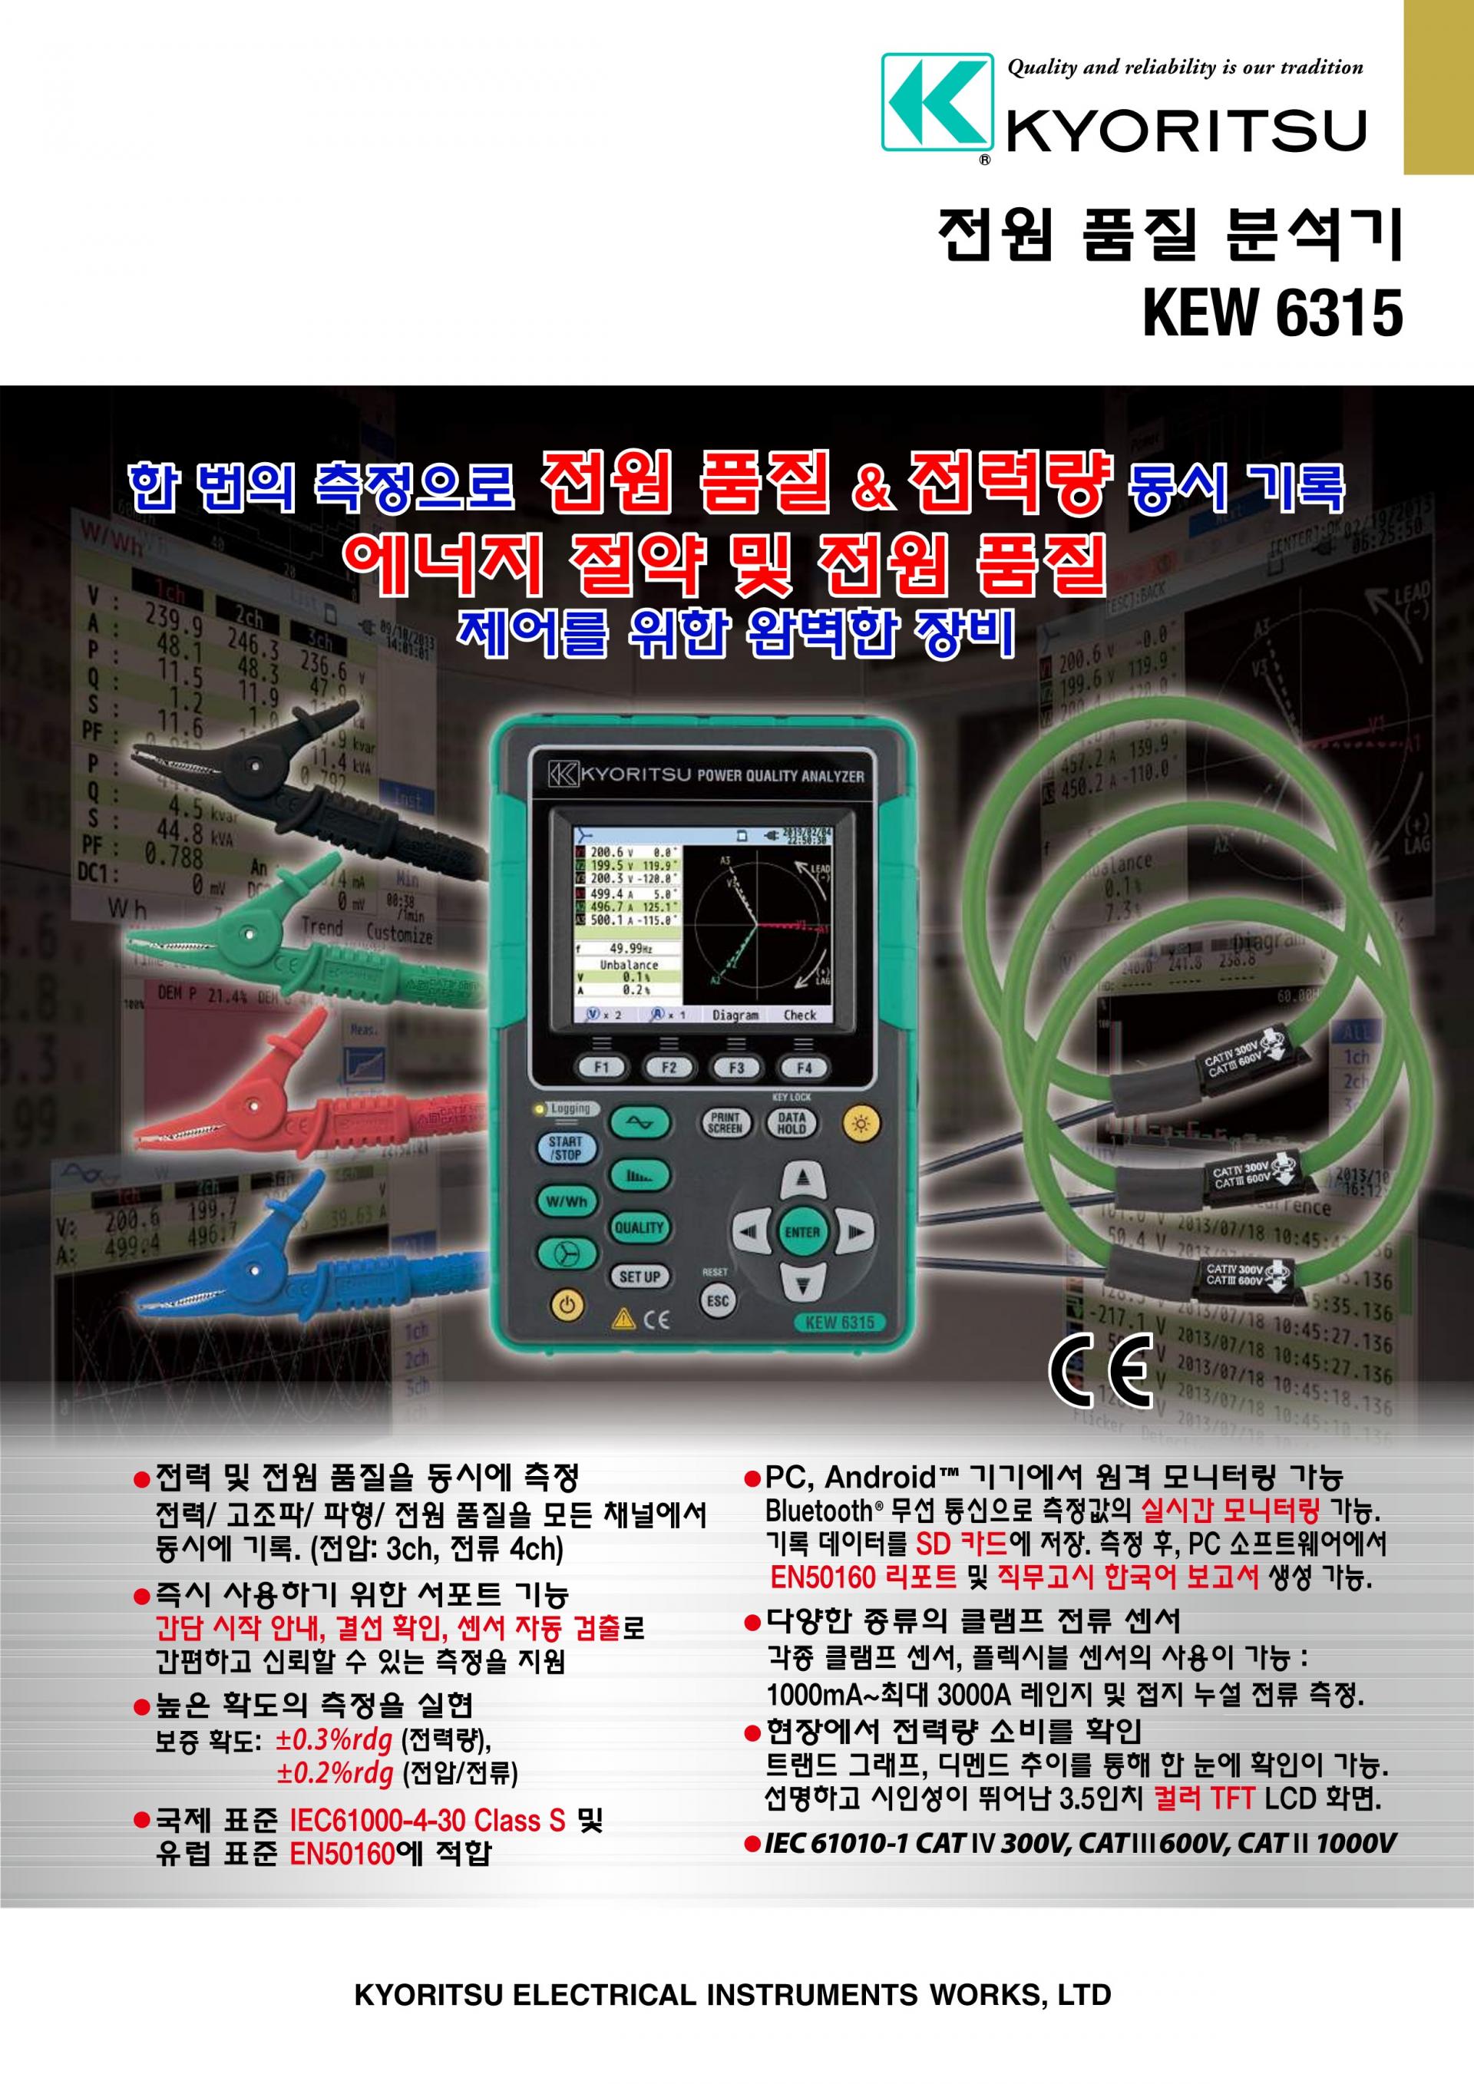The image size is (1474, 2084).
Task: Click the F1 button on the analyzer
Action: (x=602, y=1068)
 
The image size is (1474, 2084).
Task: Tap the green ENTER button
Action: (x=802, y=1232)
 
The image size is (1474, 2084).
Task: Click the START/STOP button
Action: (x=566, y=1148)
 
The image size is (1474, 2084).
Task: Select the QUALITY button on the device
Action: (x=639, y=1227)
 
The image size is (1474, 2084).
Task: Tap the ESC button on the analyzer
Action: (x=717, y=1301)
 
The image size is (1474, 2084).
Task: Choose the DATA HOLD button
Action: (x=792, y=1123)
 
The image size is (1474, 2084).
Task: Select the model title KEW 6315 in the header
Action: (x=1273, y=314)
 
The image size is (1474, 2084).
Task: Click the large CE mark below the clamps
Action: (x=1100, y=1372)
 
